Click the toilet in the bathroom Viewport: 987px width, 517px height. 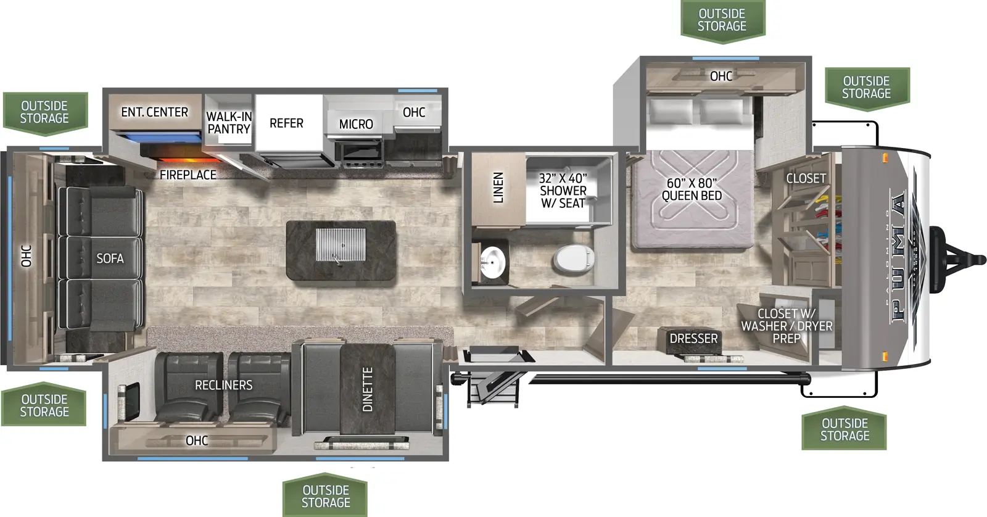[x=574, y=259]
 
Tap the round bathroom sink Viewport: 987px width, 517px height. [x=493, y=262]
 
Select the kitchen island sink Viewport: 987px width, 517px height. [x=341, y=244]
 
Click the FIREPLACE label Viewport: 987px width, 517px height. [x=188, y=175]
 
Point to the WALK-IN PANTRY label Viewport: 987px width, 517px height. [x=229, y=123]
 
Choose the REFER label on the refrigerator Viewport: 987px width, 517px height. [x=286, y=123]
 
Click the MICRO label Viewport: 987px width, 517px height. [x=356, y=124]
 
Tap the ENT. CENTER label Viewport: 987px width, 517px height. [x=155, y=112]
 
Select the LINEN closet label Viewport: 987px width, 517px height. [x=498, y=188]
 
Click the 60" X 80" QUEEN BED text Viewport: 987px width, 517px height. [x=692, y=189]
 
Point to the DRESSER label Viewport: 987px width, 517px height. [x=693, y=339]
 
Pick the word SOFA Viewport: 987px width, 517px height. [x=110, y=258]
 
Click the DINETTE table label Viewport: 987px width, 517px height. [x=368, y=389]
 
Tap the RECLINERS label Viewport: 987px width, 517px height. [x=224, y=385]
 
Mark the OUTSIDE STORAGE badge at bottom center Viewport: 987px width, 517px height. [x=325, y=495]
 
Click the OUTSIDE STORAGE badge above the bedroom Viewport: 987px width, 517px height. [x=722, y=21]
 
